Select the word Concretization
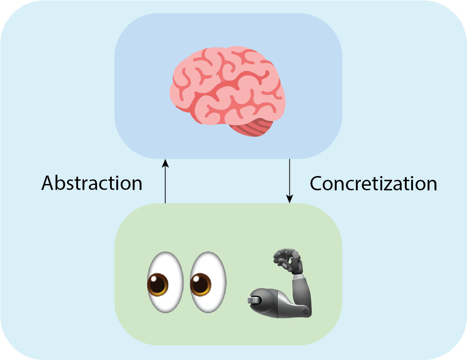point(373,184)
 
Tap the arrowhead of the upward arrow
point(165,163)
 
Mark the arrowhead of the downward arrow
point(289,199)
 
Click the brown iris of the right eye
point(201,285)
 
